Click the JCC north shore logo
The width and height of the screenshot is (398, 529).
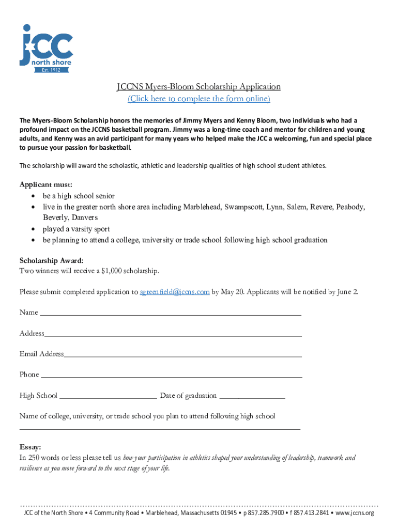click(46, 46)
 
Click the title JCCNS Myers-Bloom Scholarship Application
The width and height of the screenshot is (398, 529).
click(198, 87)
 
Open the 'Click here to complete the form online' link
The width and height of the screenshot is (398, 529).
click(199, 99)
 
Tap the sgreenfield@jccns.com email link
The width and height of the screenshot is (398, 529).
click(175, 292)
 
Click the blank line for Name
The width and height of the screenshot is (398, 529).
click(171, 313)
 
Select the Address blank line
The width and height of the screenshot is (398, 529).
click(173, 334)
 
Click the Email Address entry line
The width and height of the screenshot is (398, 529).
click(183, 355)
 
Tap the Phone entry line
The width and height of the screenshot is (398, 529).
click(171, 376)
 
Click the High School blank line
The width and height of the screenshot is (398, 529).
click(109, 397)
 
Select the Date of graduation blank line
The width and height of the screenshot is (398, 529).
click(252, 397)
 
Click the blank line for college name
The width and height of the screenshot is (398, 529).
click(160, 428)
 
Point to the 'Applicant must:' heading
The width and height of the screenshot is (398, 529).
click(46, 184)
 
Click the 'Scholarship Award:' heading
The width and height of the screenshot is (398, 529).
click(51, 260)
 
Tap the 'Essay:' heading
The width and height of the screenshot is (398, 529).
click(30, 447)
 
